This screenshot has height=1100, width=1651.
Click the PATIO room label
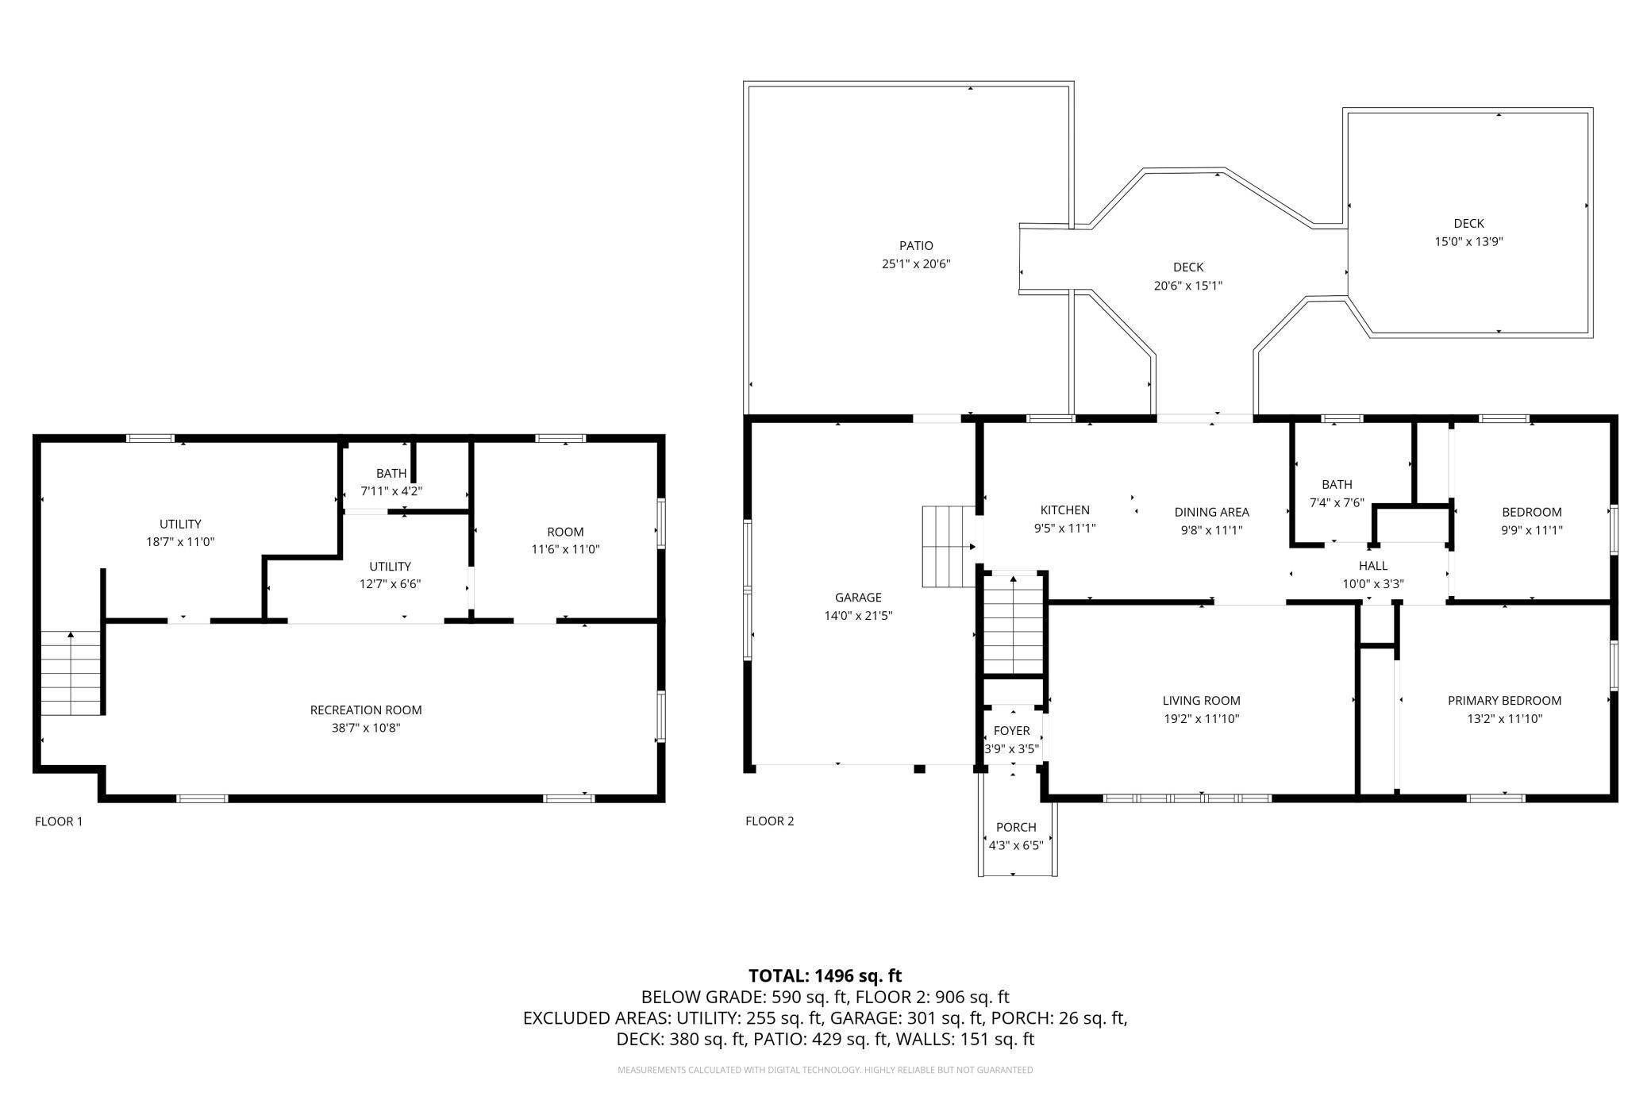[916, 246]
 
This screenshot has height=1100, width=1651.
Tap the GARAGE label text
[858, 598]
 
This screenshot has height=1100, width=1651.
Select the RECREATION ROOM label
[366, 710]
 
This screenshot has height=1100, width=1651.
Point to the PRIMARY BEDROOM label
[1504, 701]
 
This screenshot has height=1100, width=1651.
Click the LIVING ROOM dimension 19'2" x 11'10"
[1201, 719]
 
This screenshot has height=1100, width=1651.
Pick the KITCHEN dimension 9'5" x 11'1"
[1064, 529]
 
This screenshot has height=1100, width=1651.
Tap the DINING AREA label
[1212, 513]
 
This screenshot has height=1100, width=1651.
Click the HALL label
[1373, 566]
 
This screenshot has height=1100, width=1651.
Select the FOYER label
[1012, 731]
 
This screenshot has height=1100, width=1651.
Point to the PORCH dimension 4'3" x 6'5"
[1016, 845]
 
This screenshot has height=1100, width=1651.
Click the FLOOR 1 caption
[59, 821]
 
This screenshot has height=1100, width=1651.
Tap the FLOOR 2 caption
[770, 821]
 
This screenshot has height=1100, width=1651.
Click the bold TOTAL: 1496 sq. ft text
[825, 975]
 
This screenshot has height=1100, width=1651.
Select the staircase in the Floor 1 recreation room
[72, 673]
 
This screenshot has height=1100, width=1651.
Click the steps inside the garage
[949, 546]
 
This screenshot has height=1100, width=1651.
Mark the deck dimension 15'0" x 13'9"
[1468, 242]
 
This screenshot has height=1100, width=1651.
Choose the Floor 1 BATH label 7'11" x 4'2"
[391, 483]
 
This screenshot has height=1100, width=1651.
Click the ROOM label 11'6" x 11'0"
[565, 540]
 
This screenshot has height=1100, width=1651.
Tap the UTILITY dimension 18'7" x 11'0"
[180, 542]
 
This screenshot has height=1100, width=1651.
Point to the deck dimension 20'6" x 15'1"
[1188, 286]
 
